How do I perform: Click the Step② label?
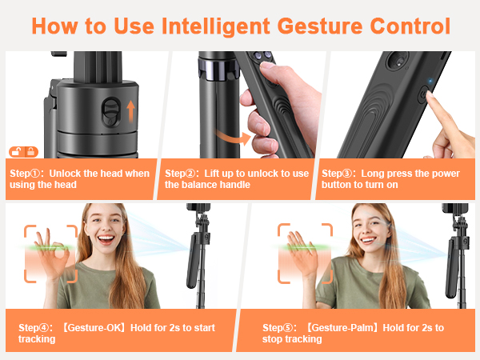pos(182,174)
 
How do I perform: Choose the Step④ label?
pos(36,328)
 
